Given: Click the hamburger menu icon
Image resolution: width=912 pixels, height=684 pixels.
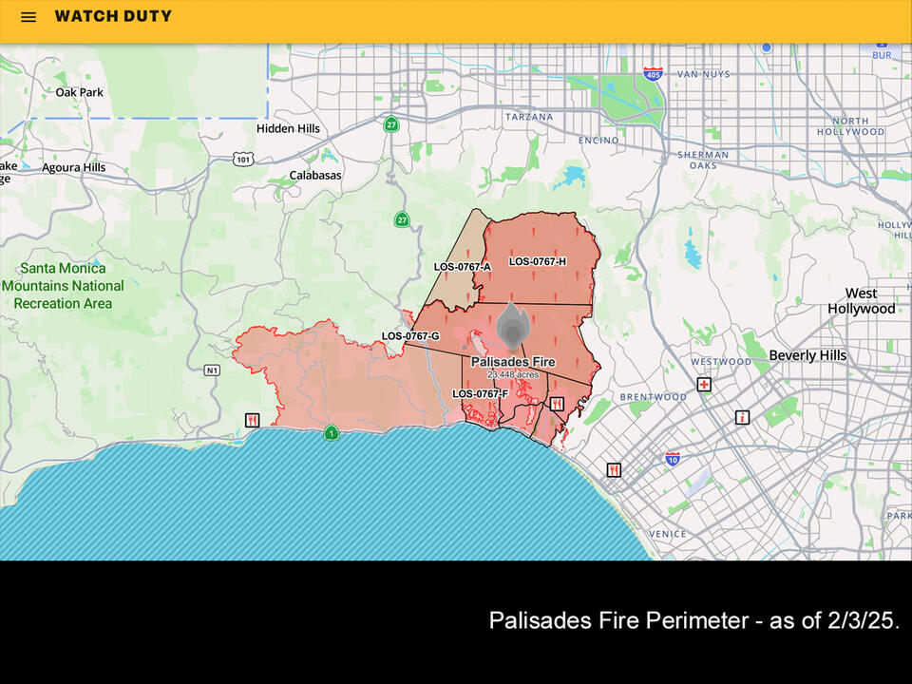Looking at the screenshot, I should (x=28, y=17).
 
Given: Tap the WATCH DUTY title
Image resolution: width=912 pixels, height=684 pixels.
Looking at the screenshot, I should (x=113, y=16).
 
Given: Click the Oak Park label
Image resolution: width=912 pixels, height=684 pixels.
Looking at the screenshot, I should (x=79, y=92).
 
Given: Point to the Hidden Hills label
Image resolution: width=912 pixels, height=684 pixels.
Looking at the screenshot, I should (x=288, y=128).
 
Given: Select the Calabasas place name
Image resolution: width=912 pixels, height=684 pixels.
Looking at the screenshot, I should (x=314, y=175).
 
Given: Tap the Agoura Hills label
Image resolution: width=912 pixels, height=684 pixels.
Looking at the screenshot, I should (x=73, y=167).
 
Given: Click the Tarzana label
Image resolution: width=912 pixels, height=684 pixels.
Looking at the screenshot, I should (x=528, y=117).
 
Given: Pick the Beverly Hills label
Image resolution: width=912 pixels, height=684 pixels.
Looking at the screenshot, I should (x=807, y=355).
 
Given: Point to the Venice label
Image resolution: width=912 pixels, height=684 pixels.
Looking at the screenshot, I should (x=668, y=534).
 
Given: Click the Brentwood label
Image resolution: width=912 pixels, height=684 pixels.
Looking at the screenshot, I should (x=653, y=397).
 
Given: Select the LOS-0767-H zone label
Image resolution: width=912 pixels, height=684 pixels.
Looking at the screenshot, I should (x=537, y=261).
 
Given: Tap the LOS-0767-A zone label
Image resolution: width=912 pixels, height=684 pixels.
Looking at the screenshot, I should (x=462, y=267).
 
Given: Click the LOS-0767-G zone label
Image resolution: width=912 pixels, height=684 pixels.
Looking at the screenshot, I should (x=410, y=336).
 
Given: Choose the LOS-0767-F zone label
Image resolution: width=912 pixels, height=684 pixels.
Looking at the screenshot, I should (x=480, y=393).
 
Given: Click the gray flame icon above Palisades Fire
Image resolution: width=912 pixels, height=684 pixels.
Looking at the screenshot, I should (x=512, y=329).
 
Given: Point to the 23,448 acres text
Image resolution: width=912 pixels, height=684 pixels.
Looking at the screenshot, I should (x=513, y=375).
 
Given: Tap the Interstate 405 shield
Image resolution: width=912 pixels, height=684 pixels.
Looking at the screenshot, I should (x=652, y=73).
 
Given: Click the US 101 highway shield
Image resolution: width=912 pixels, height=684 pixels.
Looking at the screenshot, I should (x=243, y=159).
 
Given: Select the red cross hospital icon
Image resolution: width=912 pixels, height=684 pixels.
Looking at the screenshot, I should (x=704, y=385).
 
